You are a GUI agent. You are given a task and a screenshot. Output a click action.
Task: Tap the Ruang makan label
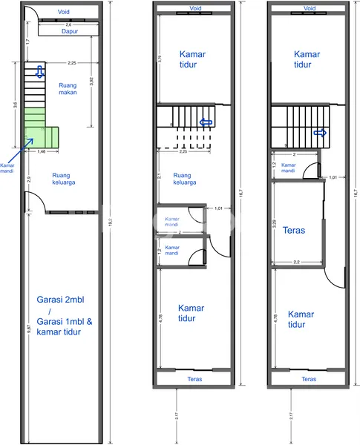[68, 90]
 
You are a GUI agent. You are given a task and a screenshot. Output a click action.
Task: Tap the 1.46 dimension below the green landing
[42, 151]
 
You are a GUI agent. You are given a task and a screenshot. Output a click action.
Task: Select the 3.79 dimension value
[160, 58]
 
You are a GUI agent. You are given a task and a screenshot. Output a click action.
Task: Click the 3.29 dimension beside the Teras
[275, 222]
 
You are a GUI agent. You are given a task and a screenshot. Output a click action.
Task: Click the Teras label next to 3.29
[295, 231]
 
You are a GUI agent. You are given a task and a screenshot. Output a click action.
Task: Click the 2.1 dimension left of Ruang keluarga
[160, 177]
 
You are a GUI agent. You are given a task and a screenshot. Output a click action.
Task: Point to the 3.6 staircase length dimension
[15, 105]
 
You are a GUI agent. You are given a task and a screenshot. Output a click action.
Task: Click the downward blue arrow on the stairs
[39, 72]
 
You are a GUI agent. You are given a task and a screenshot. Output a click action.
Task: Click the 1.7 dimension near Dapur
[28, 42]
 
